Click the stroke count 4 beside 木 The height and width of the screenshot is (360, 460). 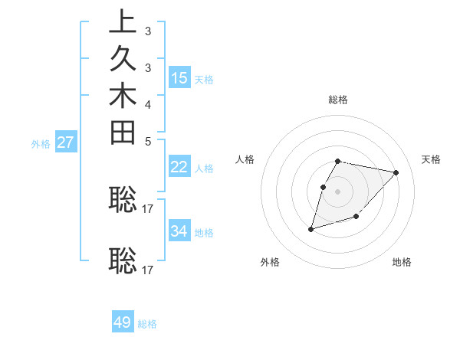click(x=147, y=104)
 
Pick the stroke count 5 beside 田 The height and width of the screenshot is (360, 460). click(x=147, y=142)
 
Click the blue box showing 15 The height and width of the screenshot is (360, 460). click(x=179, y=77)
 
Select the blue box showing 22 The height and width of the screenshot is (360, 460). click(x=179, y=167)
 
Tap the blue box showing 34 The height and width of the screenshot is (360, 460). click(x=179, y=231)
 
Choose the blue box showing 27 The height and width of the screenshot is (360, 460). click(x=65, y=142)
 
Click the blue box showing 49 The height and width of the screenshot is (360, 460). click(x=123, y=322)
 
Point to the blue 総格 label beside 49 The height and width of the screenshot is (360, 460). click(x=148, y=324)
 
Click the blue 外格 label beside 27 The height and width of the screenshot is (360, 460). click(x=41, y=143)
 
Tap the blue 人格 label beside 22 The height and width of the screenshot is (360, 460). click(x=204, y=169)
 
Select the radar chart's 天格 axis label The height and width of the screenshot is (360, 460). click(x=431, y=159)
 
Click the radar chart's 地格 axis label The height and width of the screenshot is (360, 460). click(x=402, y=262)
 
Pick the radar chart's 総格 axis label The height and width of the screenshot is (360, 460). click(x=338, y=100)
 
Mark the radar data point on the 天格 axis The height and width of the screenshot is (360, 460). click(x=396, y=172)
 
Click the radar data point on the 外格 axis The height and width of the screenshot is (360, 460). click(x=310, y=228)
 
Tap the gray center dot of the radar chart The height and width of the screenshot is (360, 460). click(x=338, y=191)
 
